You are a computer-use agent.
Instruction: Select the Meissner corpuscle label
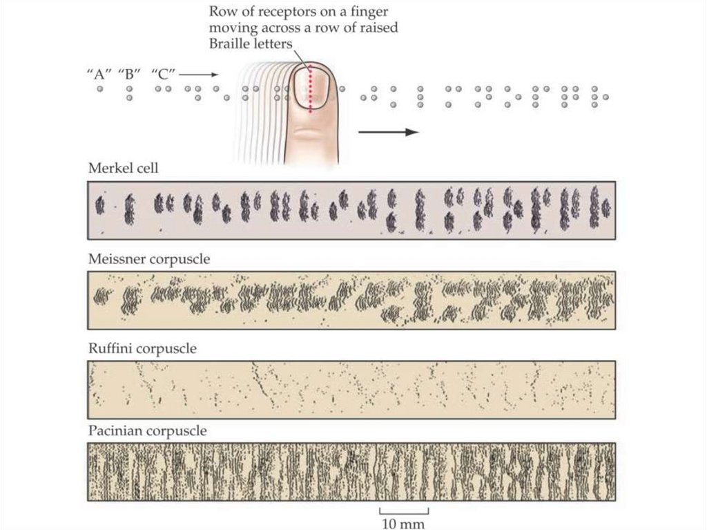149,260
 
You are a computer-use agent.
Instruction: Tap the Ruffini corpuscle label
142,349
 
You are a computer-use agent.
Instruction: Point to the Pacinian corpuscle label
148,431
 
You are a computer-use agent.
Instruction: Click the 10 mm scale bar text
404,522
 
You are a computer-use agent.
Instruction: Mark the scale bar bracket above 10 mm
404,511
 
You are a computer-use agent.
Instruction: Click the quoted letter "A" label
99,75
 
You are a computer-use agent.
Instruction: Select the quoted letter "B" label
129,75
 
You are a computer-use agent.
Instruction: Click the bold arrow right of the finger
389,132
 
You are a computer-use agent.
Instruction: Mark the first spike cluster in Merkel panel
100,205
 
